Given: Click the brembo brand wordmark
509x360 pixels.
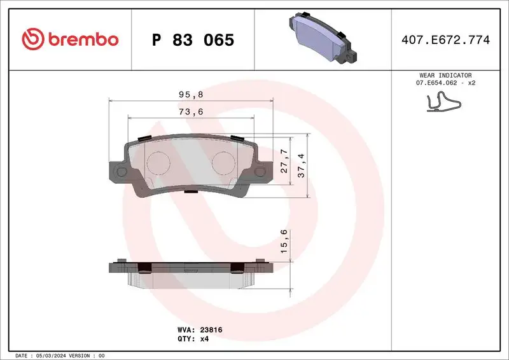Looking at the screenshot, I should (81, 39).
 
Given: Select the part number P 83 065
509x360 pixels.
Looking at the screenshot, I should (193, 40).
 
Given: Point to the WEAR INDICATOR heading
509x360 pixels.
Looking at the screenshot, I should (445, 75).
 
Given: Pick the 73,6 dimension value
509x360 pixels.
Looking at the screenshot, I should (192, 111).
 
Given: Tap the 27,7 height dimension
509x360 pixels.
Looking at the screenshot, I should (284, 162).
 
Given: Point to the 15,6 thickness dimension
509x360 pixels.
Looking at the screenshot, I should (284, 242).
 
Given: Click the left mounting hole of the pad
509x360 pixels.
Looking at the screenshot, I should (120, 172).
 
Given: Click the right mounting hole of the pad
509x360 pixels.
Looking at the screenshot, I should (261, 172).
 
